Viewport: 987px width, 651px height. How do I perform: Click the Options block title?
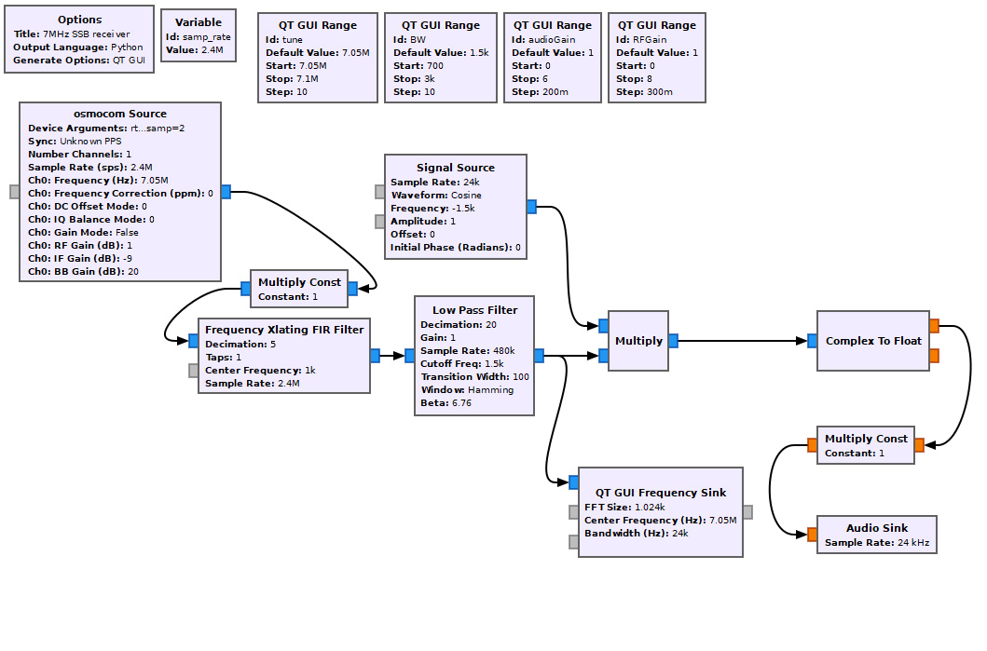(79, 20)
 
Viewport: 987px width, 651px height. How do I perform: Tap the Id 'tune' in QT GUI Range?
(292, 40)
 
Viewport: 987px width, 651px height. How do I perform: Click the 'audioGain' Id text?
(552, 40)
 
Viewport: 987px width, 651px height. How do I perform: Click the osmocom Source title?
(120, 114)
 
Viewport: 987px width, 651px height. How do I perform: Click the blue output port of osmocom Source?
(226, 192)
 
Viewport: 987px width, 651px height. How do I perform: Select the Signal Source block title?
(456, 168)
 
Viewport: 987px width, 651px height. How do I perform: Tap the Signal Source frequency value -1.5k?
(463, 209)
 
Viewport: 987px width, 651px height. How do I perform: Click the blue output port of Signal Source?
(532, 207)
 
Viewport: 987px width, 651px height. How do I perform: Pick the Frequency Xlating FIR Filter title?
(284, 330)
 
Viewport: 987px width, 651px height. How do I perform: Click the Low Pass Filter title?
(475, 310)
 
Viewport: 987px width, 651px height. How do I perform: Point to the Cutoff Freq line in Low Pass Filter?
(462, 363)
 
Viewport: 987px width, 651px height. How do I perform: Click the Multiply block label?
(639, 341)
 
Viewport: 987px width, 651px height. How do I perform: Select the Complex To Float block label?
(873, 341)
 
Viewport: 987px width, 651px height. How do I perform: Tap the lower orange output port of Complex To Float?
(934, 356)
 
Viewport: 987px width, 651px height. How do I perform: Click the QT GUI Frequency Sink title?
(661, 493)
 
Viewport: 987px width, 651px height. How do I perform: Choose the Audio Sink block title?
(877, 528)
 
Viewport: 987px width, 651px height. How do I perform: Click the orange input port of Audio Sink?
(813, 535)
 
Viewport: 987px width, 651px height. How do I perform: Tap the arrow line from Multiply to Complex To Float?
(743, 341)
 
